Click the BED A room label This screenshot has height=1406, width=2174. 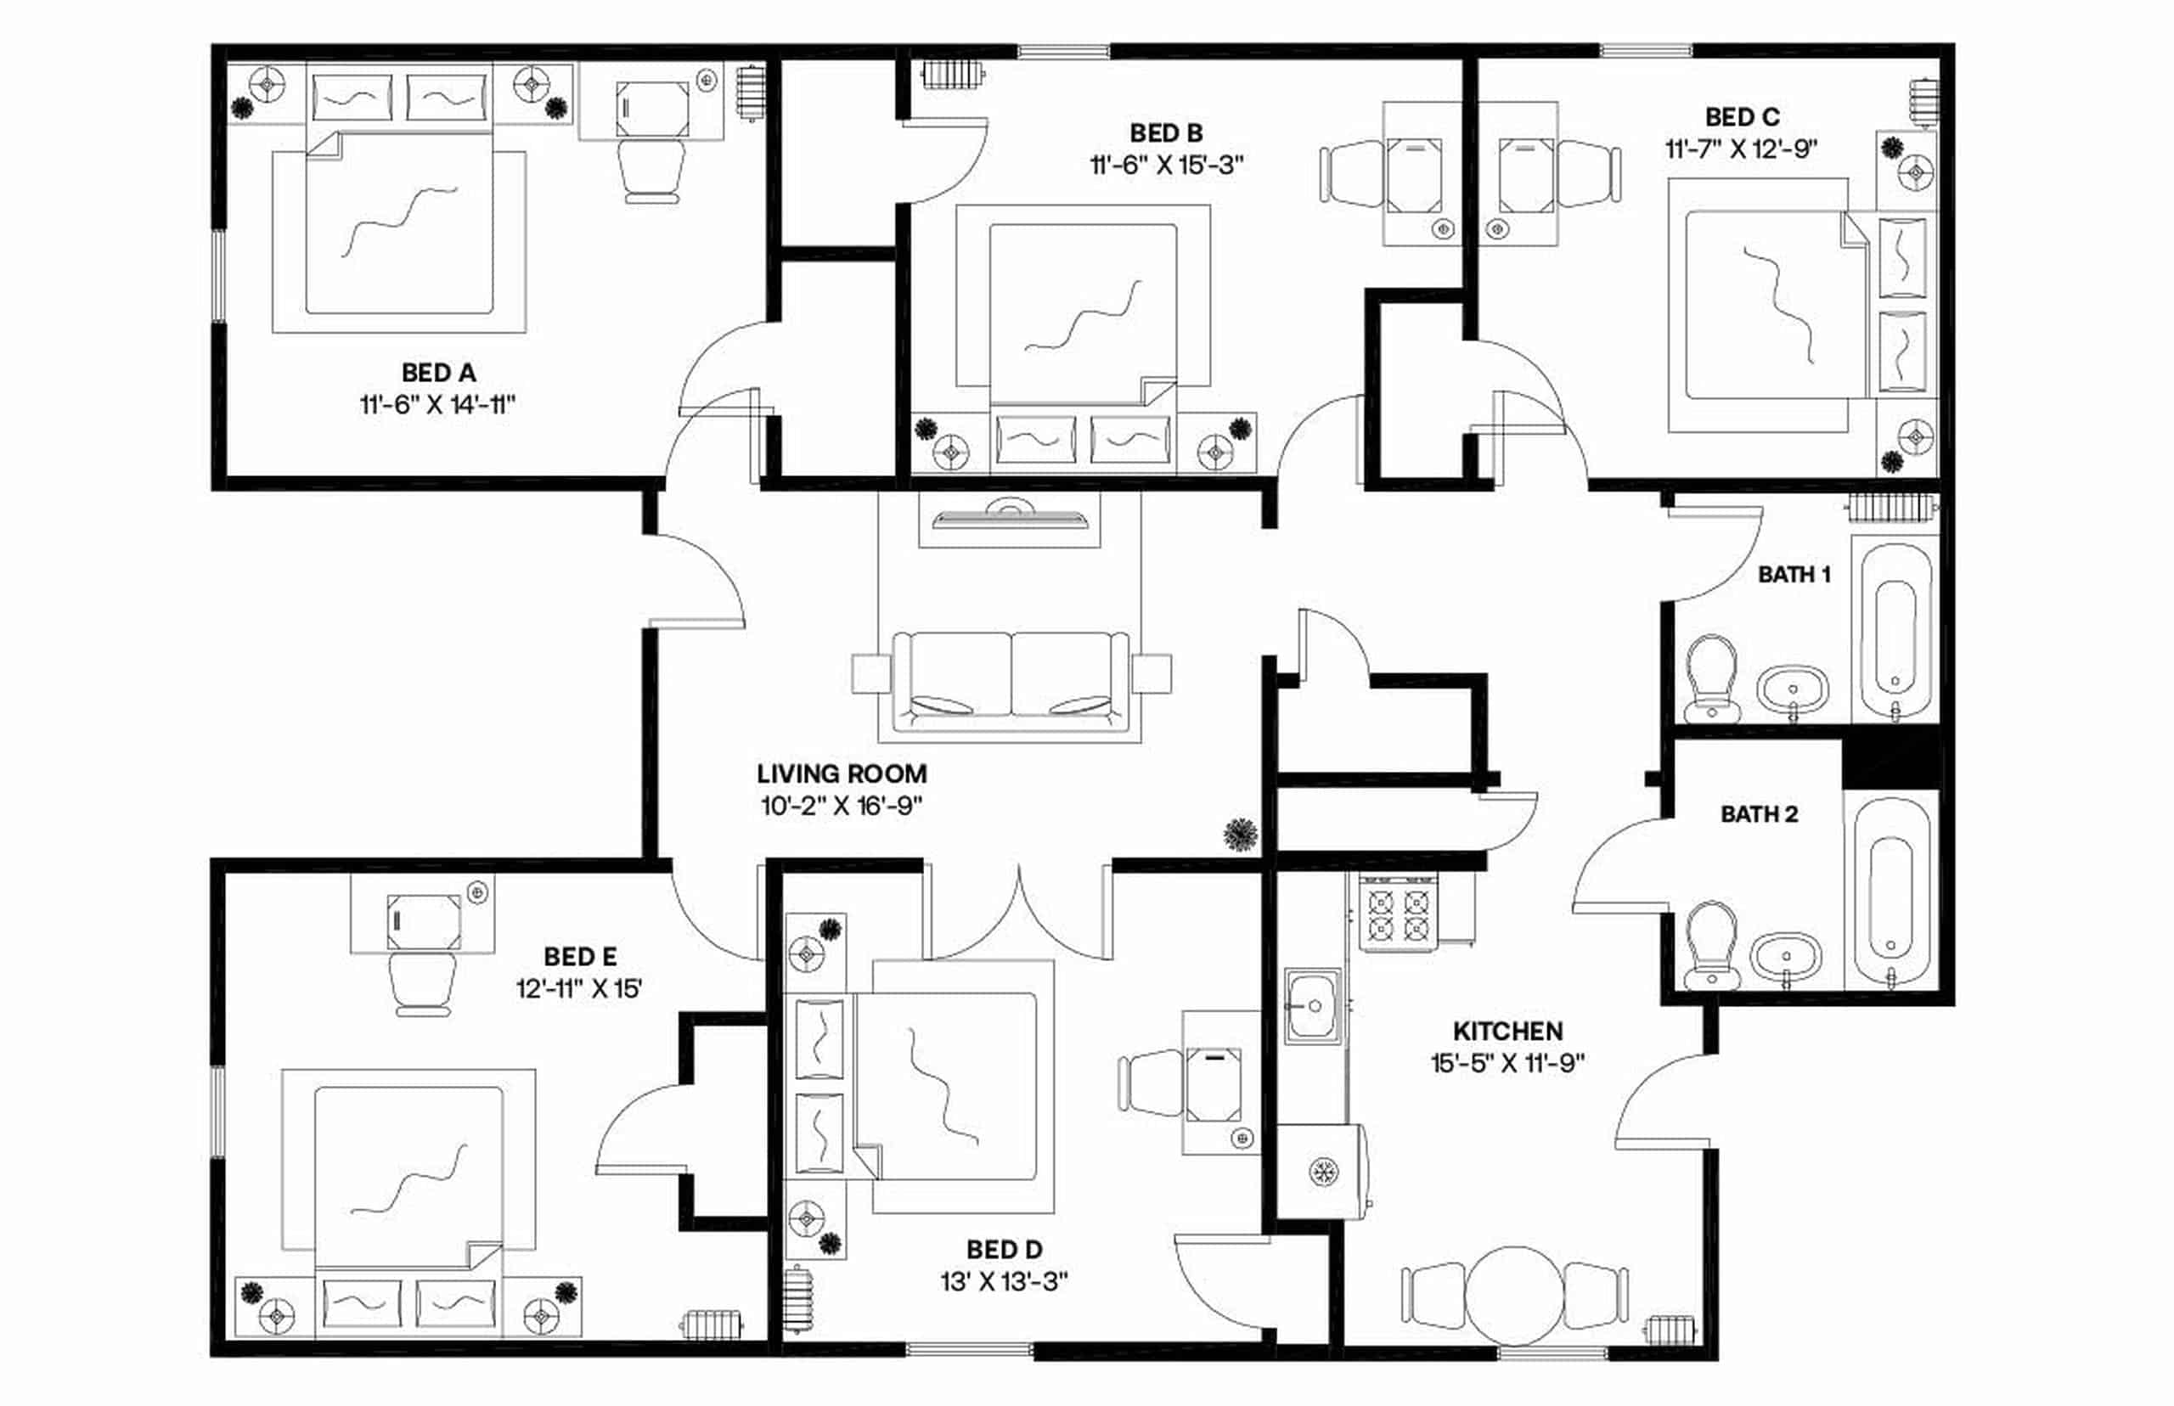(438, 373)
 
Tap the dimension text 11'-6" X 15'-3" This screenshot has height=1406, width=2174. (1166, 166)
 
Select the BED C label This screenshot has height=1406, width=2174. (1741, 117)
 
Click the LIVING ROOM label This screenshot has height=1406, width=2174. (841, 773)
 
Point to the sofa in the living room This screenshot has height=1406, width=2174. (1011, 680)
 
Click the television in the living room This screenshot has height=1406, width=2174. (1010, 517)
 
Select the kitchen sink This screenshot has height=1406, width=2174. (1313, 1006)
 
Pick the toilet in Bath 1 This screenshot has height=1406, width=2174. (1710, 677)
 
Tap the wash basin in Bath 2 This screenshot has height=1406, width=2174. (1786, 958)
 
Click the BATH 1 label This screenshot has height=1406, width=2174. (1794, 574)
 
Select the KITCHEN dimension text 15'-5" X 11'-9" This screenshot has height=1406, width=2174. (1507, 1063)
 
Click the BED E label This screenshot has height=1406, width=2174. (580, 957)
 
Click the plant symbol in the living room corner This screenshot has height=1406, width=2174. (1241, 834)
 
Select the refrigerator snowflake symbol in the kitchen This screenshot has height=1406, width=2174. (1322, 1172)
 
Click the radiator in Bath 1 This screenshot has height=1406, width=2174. (1891, 508)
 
